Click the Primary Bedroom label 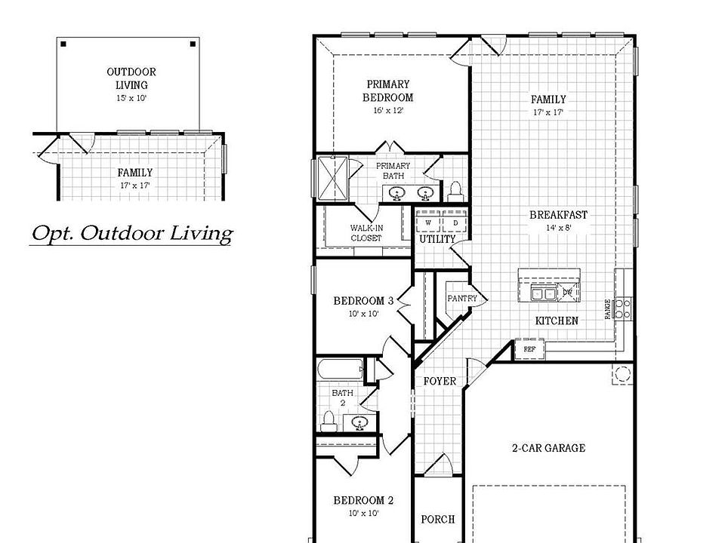point(387,90)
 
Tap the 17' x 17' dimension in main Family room point(548,112)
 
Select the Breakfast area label point(558,215)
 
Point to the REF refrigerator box point(529,349)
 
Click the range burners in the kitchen point(623,307)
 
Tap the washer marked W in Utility point(428,223)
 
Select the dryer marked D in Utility point(455,223)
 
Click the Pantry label point(461,298)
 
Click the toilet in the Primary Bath point(455,189)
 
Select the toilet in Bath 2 point(329,420)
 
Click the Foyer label point(439,381)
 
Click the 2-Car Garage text point(548,448)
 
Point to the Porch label point(437,519)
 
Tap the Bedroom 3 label point(363,301)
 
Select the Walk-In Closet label point(366,232)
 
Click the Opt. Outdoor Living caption point(131,233)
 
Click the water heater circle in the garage point(622,374)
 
